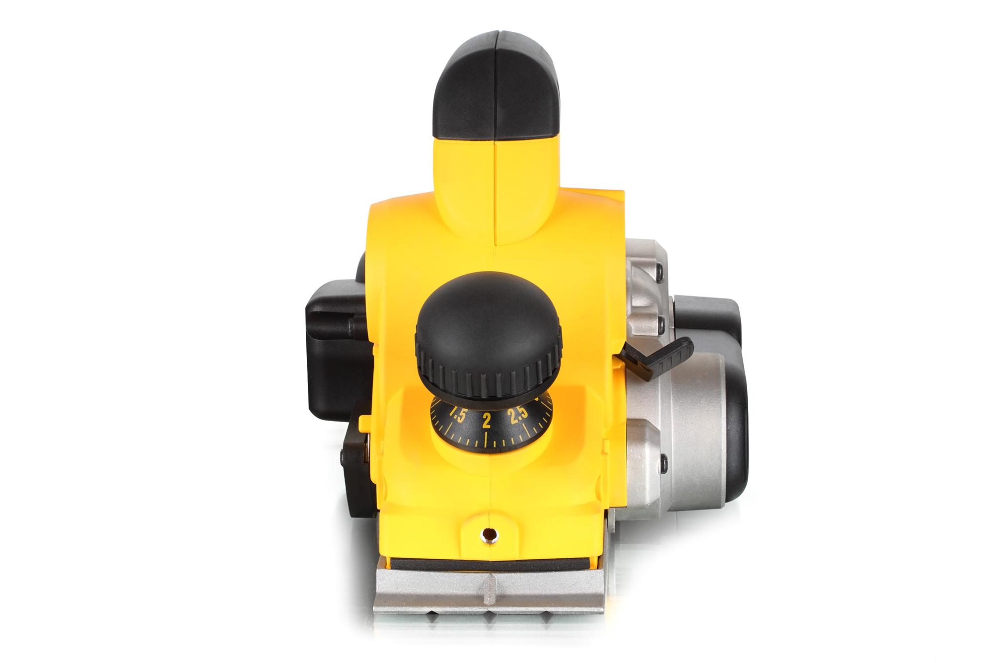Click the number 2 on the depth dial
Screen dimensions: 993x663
tap(487, 407)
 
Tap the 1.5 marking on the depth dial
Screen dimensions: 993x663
tap(457, 401)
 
